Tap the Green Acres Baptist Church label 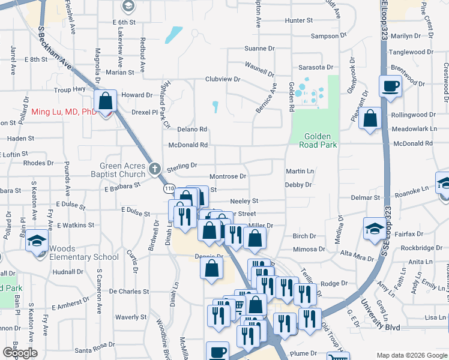[123, 170]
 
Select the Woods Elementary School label [84, 253]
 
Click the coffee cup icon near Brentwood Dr [390, 86]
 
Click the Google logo [20, 352]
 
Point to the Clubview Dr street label [223, 79]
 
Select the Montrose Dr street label [228, 176]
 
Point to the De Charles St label [129, 292]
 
